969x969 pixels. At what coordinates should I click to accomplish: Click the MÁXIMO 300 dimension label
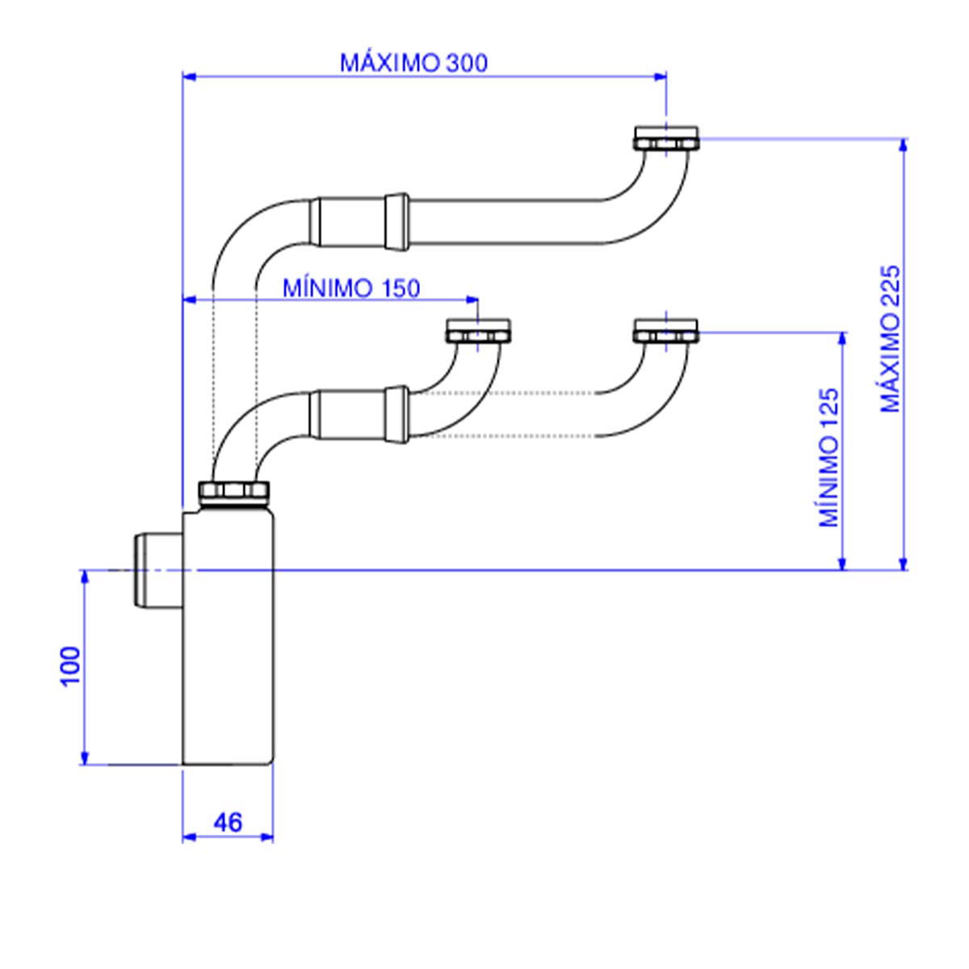tap(413, 63)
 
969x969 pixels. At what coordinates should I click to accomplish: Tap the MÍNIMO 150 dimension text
tap(351, 288)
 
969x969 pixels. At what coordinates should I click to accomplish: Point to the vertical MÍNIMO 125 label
tap(829, 458)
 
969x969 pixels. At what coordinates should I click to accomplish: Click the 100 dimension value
tap(71, 665)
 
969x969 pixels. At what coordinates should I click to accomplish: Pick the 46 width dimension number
tap(228, 822)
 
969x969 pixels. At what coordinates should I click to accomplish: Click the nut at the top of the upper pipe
tap(666, 139)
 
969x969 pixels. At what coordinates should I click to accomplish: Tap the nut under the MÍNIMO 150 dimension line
tap(480, 332)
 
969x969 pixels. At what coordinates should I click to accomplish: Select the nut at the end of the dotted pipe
tap(666, 331)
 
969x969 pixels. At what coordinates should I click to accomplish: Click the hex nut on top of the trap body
tap(234, 491)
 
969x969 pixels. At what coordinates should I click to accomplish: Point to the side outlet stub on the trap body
tap(155, 570)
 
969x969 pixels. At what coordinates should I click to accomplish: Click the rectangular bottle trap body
tap(229, 638)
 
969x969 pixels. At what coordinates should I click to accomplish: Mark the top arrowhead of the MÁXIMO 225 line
tap(904, 145)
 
